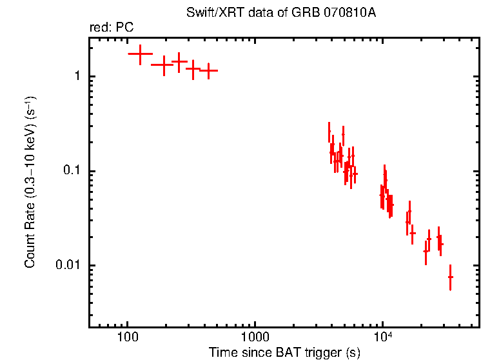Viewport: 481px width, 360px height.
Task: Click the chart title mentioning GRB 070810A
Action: tap(280, 13)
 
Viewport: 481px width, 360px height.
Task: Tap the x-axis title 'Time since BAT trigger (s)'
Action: tap(284, 352)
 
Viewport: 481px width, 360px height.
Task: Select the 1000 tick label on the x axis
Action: tap(255, 337)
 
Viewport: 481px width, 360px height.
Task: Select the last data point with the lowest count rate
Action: tap(450, 277)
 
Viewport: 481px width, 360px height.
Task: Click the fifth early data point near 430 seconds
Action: tap(208, 70)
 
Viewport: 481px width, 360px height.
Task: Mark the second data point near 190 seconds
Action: tap(164, 65)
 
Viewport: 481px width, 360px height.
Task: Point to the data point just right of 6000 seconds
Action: tap(355, 174)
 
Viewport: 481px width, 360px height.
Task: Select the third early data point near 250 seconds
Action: tap(179, 62)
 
